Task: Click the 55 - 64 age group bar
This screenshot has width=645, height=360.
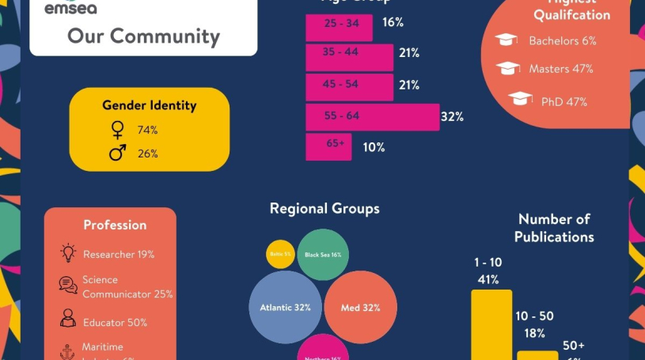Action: click(x=372, y=116)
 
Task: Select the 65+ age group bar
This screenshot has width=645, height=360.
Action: click(x=328, y=146)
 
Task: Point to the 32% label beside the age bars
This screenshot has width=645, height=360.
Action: click(x=452, y=117)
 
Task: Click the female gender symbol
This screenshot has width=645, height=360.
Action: click(x=118, y=130)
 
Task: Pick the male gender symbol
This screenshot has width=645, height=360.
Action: click(x=118, y=153)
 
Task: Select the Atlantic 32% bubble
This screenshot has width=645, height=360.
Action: click(x=285, y=307)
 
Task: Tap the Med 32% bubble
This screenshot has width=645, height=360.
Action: click(x=360, y=307)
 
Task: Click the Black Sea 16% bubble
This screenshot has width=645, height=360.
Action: click(x=323, y=255)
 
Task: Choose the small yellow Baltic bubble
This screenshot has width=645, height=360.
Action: click(x=280, y=254)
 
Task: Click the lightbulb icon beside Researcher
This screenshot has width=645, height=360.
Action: click(x=68, y=253)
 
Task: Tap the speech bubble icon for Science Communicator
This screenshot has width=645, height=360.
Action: click(x=68, y=286)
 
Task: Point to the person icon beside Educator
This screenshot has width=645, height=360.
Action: click(x=68, y=319)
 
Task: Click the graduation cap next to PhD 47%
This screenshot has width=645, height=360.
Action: click(x=520, y=99)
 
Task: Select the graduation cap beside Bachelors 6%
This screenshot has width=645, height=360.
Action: click(x=507, y=40)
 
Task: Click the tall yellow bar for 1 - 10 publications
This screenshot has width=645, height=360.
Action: click(x=491, y=324)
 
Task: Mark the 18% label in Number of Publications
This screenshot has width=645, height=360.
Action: click(x=534, y=333)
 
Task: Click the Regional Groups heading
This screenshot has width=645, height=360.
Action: click(x=324, y=209)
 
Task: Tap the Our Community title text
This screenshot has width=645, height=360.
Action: click(x=143, y=36)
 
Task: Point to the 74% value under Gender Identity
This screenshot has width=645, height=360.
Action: click(x=148, y=130)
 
